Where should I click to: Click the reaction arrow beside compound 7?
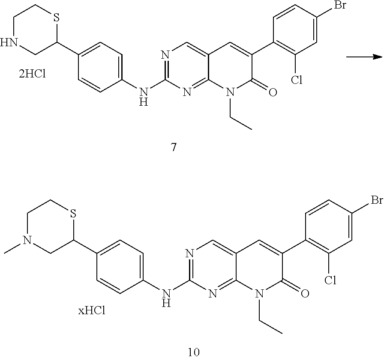pyautogui.click(x=364, y=57)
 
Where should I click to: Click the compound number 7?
pyautogui.click(x=173, y=148)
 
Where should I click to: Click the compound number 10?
pyautogui.click(x=194, y=352)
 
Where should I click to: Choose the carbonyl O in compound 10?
pyautogui.click(x=305, y=294)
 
